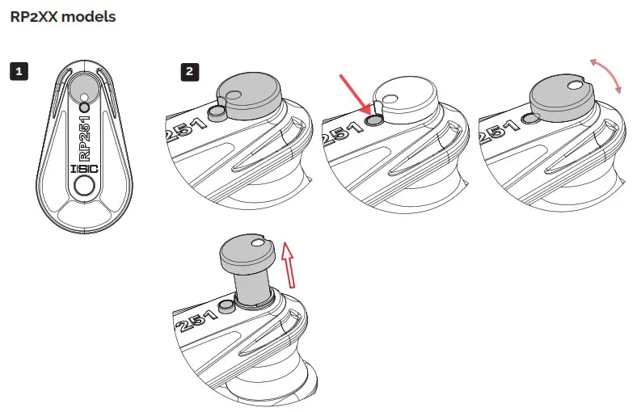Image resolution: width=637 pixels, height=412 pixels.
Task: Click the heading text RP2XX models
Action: [x=62, y=17]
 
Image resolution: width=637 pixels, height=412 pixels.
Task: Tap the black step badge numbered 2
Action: [x=189, y=71]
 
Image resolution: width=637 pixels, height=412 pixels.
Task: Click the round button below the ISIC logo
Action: [x=83, y=188]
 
